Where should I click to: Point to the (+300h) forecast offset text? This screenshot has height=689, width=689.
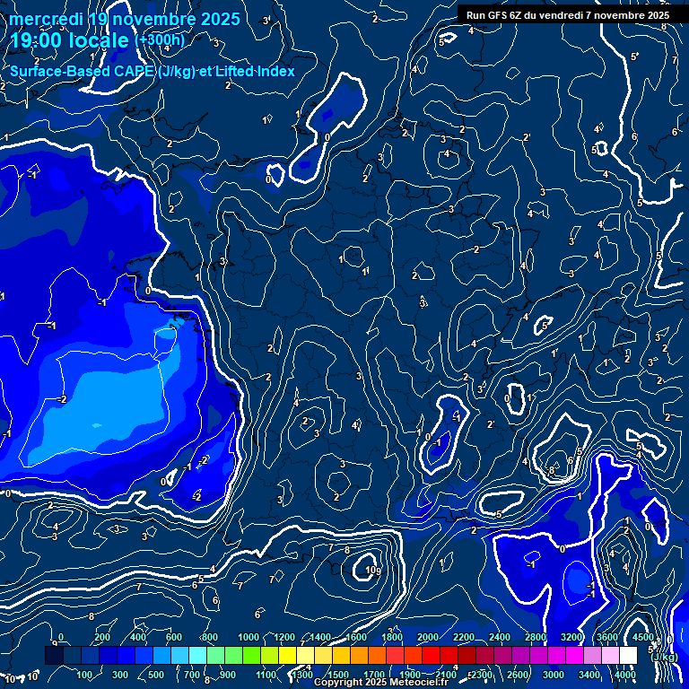(159, 40)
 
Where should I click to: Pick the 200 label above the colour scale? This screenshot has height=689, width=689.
(102, 638)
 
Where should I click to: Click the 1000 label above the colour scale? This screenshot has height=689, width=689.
(249, 638)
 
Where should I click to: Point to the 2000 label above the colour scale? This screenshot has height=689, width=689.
(428, 638)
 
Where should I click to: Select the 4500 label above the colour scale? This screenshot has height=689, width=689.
(642, 638)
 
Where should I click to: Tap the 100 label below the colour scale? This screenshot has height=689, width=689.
(85, 675)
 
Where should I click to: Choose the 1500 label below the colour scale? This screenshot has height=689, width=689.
(338, 675)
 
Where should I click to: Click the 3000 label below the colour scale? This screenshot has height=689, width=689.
(554, 675)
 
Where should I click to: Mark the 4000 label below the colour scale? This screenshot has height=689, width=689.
(625, 675)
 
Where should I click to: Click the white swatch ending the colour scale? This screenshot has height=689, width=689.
(628, 656)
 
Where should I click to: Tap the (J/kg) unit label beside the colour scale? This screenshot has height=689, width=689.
(663, 657)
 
